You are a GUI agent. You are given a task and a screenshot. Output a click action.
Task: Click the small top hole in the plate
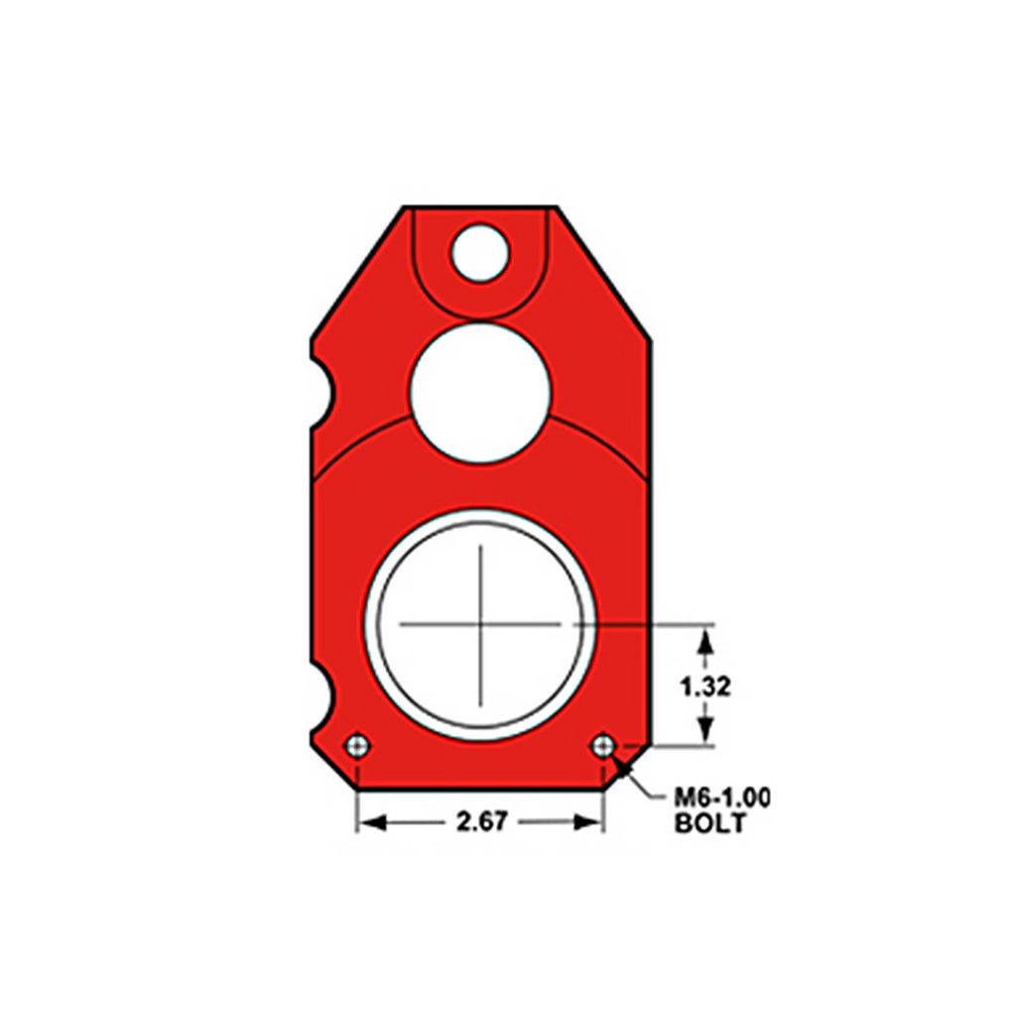[480, 252]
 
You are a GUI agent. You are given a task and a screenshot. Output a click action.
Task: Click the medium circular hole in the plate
[480, 392]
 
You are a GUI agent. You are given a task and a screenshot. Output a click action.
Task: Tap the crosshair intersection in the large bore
[481, 624]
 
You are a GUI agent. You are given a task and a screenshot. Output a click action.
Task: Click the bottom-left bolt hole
[356, 746]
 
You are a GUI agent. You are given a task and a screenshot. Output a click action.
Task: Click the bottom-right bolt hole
[603, 745]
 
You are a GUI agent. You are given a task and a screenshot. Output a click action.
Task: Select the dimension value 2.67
[481, 822]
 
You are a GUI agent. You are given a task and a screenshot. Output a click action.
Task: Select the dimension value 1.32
[705, 687]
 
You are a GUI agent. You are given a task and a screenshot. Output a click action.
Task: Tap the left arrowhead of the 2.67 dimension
[368, 822]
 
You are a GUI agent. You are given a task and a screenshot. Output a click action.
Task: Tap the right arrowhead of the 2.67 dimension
[592, 822]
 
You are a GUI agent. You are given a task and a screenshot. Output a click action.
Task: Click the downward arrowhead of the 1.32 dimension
[705, 732]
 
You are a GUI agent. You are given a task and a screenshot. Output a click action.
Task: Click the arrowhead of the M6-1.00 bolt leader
[618, 761]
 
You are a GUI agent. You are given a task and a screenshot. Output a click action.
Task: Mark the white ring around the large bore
[372, 624]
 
